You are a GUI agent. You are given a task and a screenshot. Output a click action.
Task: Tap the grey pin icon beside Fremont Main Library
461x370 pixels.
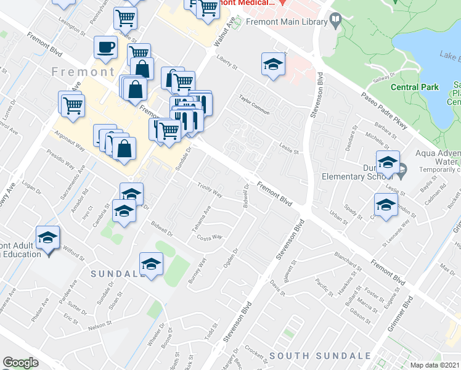click(335, 22)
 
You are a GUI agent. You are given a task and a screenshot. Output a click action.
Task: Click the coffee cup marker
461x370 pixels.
click(105, 47)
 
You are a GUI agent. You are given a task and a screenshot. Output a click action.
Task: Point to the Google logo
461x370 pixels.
click(20, 363)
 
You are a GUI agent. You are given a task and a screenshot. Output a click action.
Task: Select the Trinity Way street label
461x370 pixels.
click(210, 189)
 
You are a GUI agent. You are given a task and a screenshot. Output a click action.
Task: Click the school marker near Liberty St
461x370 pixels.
click(273, 64)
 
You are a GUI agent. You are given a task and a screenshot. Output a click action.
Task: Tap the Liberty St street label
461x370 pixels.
click(227, 63)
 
